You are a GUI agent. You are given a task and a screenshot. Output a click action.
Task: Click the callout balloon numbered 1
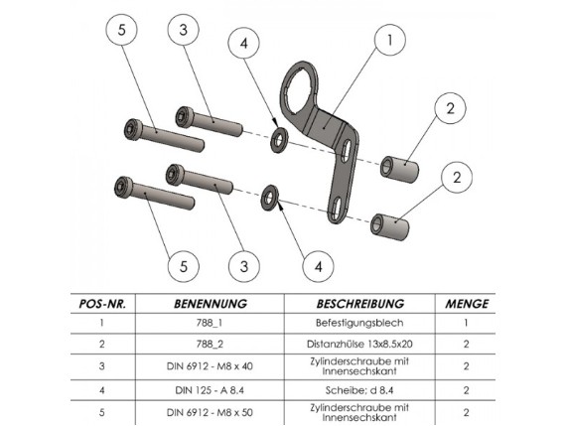(x=390, y=40)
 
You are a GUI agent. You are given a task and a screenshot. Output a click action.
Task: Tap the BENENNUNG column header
(x=211, y=304)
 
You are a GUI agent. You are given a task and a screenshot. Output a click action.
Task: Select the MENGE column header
(x=467, y=304)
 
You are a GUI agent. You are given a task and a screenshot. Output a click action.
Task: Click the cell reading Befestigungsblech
(x=359, y=323)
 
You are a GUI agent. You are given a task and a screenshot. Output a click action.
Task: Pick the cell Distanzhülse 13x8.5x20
(x=359, y=344)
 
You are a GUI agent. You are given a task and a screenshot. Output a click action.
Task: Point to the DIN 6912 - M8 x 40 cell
(x=210, y=366)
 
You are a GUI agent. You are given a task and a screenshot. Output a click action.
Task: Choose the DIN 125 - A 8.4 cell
(x=210, y=390)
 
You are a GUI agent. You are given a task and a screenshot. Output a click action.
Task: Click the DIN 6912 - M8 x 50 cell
(x=210, y=412)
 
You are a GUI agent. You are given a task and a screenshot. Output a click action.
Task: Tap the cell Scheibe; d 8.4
(x=359, y=390)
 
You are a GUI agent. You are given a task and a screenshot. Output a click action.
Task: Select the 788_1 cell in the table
(x=210, y=323)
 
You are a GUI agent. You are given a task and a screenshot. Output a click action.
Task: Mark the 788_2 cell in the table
(x=210, y=344)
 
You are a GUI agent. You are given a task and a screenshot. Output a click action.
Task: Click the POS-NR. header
(x=102, y=304)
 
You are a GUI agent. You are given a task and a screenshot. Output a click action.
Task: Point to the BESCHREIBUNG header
(x=360, y=304)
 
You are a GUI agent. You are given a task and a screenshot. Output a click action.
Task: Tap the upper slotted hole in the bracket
(x=347, y=150)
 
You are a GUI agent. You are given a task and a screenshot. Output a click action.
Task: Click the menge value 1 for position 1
(x=466, y=323)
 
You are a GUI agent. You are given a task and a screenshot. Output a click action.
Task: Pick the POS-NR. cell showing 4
(x=102, y=390)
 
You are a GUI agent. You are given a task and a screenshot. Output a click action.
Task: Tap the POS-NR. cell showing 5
(x=102, y=412)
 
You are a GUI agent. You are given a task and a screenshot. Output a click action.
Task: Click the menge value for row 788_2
(x=466, y=344)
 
